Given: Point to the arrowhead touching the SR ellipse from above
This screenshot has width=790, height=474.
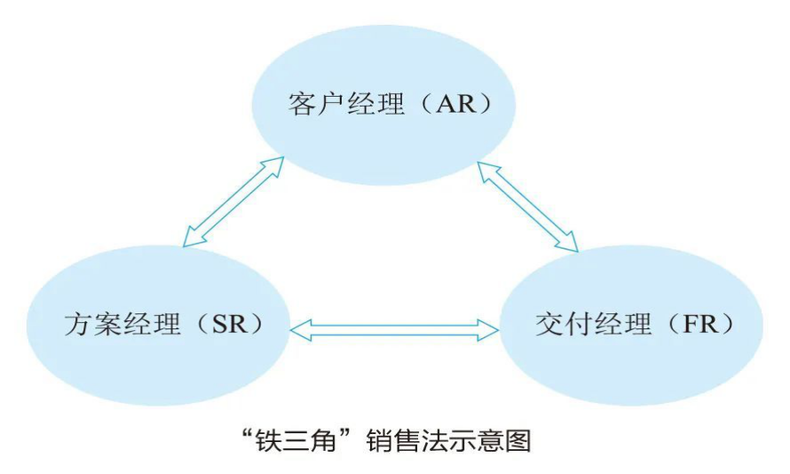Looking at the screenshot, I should click(x=188, y=239).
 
